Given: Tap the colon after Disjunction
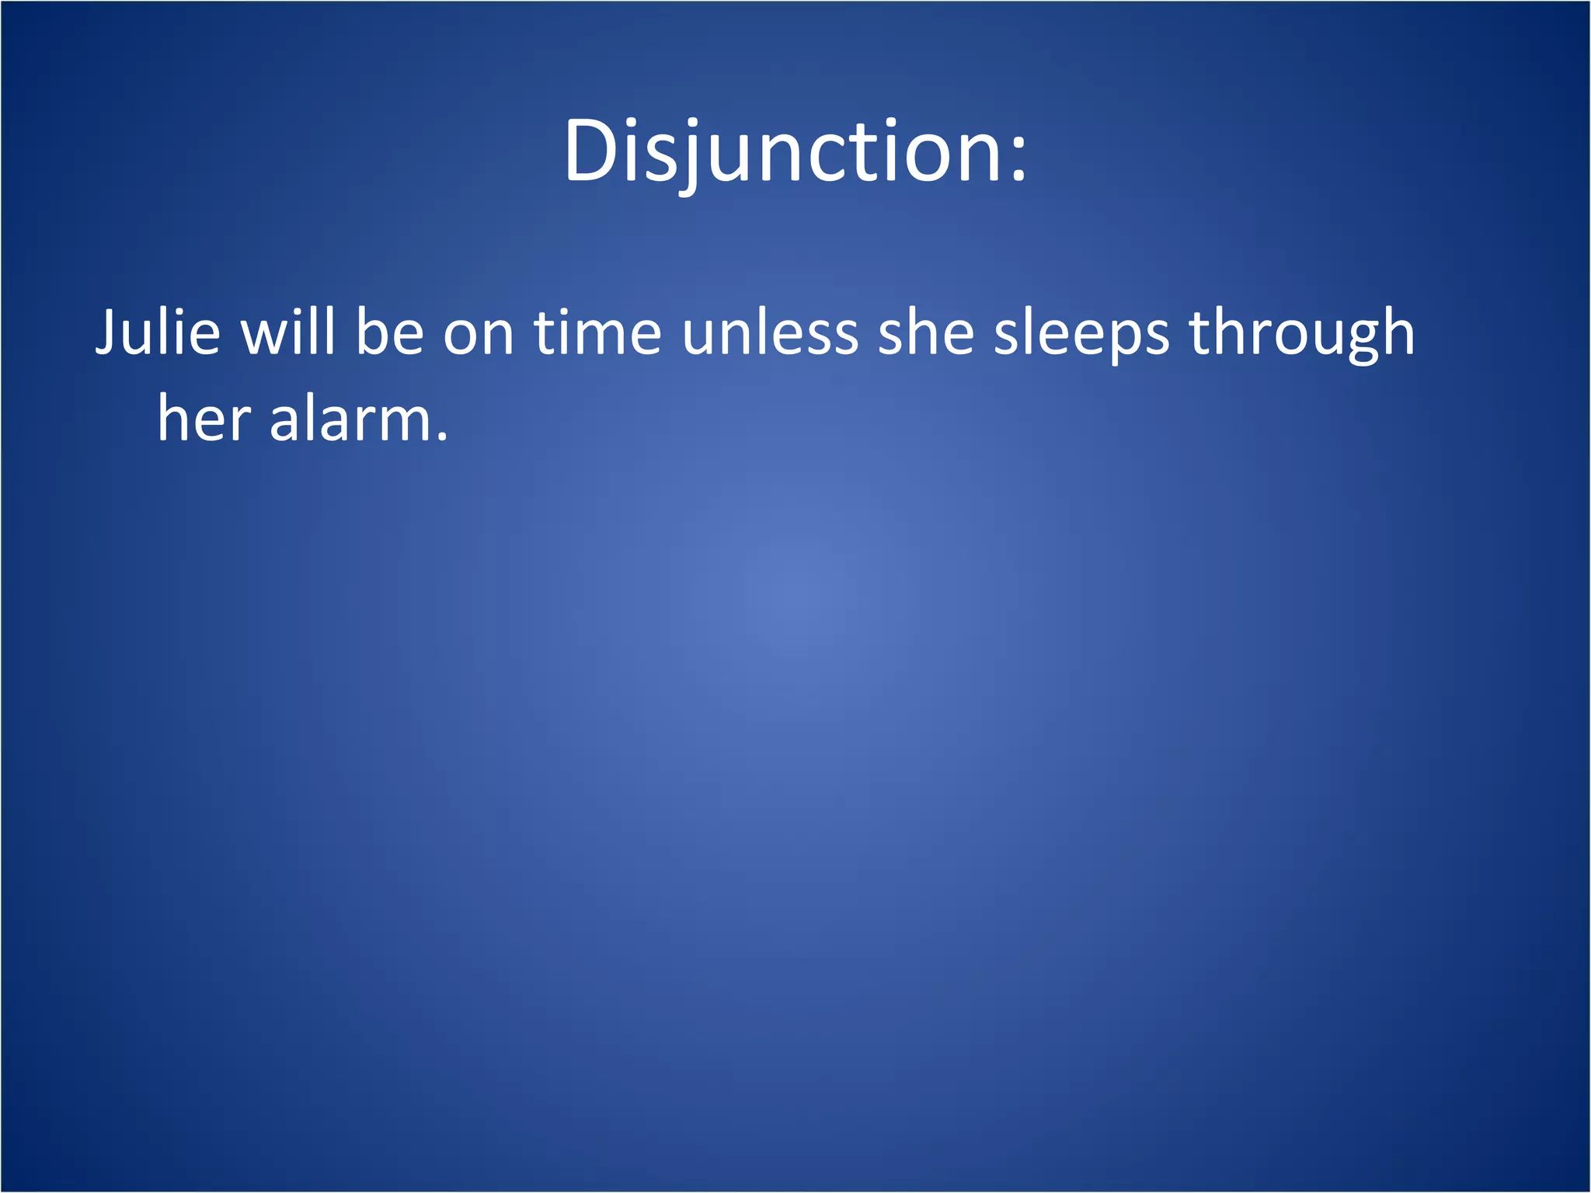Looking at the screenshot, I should [1018, 159].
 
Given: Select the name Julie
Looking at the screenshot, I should [158, 332].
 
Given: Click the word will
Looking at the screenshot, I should [288, 332].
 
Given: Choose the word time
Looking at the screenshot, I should [597, 332].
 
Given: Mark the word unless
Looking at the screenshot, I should [770, 332].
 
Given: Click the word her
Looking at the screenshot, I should [204, 419].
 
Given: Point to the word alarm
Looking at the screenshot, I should [350, 419].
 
